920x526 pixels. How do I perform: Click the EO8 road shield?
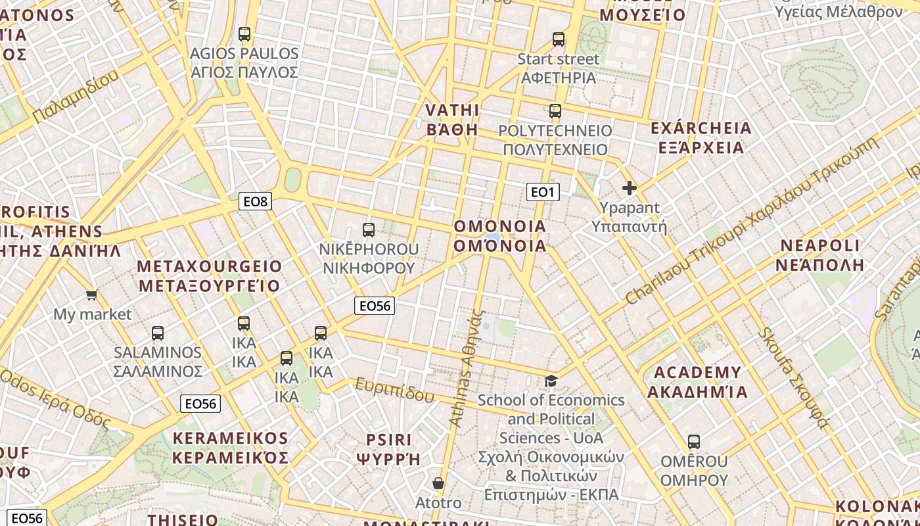pyautogui.click(x=255, y=202)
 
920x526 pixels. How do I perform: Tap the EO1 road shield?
pyautogui.click(x=543, y=192)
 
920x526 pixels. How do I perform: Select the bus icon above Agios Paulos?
pyautogui.click(x=244, y=34)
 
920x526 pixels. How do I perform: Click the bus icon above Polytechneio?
pyautogui.click(x=555, y=111)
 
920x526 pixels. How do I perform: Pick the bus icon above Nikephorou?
pyautogui.click(x=369, y=230)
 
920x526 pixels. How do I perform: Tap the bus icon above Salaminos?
pyautogui.click(x=158, y=333)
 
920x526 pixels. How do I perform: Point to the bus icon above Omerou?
pyautogui.click(x=694, y=442)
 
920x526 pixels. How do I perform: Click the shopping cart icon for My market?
pyautogui.click(x=92, y=295)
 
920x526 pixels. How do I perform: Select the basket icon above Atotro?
pyautogui.click(x=438, y=484)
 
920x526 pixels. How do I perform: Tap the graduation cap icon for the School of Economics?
pyautogui.click(x=551, y=381)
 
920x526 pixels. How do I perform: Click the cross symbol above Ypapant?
pyautogui.click(x=630, y=189)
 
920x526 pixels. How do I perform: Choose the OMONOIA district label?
pyautogui.click(x=500, y=227)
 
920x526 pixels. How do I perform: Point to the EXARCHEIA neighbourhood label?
pyautogui.click(x=701, y=128)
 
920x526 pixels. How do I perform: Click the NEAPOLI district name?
pyautogui.click(x=819, y=247)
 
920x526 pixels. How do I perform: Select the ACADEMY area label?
pyautogui.click(x=697, y=373)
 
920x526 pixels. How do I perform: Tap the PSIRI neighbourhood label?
pyautogui.click(x=388, y=439)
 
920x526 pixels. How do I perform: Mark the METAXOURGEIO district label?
pyautogui.click(x=210, y=267)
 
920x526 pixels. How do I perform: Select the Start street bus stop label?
pyautogui.click(x=558, y=59)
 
